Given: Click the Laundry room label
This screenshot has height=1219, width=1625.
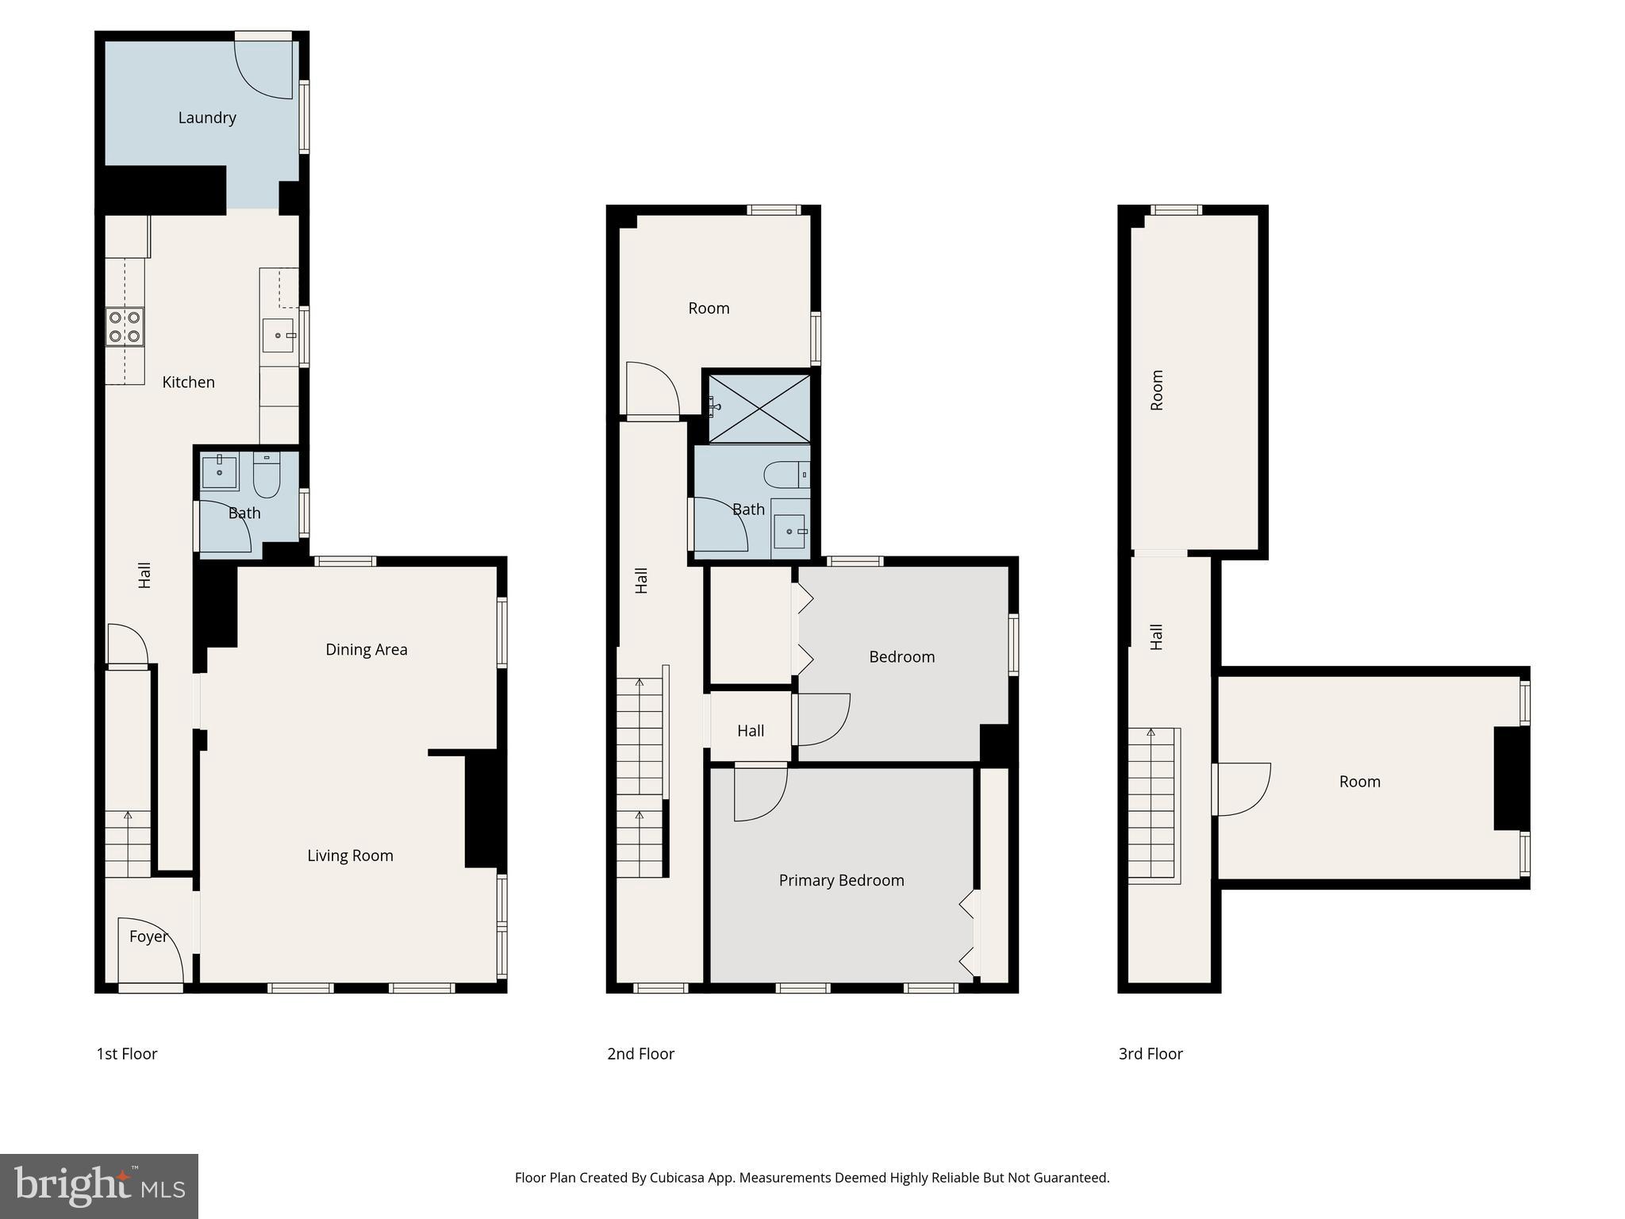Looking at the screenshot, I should click(207, 117).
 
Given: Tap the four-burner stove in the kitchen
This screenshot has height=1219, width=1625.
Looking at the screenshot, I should click(125, 327).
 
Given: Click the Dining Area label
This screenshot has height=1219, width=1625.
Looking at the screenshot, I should click(366, 649).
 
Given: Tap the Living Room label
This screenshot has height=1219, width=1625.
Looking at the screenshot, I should click(350, 856).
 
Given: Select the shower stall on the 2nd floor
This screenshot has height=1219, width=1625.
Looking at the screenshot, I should click(759, 408).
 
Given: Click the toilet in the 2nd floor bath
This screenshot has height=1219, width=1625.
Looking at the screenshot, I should click(786, 475).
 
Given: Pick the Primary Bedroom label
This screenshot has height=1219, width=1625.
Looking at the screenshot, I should click(841, 880).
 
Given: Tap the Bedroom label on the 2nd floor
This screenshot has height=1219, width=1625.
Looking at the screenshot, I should click(901, 656).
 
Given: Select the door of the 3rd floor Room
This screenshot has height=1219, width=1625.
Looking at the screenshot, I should click(1242, 789).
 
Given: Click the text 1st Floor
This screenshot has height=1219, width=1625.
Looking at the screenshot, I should click(127, 1054).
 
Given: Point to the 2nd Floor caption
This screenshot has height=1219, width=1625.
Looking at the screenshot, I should click(640, 1054).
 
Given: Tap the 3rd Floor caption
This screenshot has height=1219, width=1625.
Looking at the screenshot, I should click(1151, 1054).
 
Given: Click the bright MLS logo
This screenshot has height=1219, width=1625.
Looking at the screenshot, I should click(98, 1186).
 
